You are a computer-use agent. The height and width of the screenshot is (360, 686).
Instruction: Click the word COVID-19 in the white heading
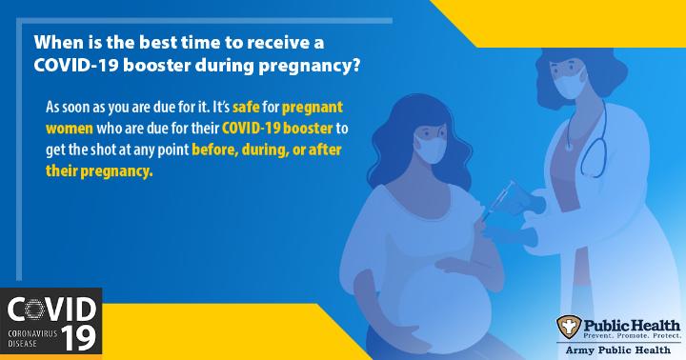(x=75, y=66)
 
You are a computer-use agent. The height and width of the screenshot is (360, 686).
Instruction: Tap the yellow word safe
(x=246, y=108)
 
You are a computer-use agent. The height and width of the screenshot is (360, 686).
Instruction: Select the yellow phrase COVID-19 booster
(x=277, y=129)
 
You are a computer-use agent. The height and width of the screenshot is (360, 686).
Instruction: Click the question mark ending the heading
(x=355, y=66)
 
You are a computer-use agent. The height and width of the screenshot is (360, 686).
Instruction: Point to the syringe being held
(x=499, y=200)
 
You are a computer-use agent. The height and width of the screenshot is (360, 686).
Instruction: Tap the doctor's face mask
(x=568, y=84)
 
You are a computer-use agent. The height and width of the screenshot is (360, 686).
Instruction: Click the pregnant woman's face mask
(x=429, y=149)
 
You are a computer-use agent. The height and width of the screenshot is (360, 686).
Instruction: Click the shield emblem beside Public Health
(x=569, y=327)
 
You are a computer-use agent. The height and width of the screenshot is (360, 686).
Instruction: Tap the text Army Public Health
(x=618, y=350)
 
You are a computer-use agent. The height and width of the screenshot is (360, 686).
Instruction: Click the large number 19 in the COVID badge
(x=78, y=338)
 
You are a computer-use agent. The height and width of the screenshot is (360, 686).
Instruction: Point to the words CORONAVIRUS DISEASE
(x=32, y=338)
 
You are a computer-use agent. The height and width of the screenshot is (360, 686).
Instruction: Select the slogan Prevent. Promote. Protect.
(x=632, y=335)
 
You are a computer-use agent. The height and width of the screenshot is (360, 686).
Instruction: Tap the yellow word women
(x=70, y=129)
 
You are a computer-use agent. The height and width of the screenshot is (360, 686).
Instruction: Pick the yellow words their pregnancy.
(x=99, y=171)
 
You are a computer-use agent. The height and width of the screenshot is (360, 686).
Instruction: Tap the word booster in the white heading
(x=156, y=66)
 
